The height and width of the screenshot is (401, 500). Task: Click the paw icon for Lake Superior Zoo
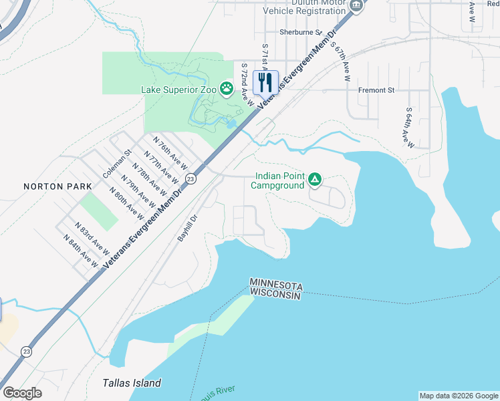[227, 88]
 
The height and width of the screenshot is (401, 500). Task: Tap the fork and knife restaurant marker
[265, 82]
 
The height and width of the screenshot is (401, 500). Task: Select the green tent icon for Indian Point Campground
[315, 179]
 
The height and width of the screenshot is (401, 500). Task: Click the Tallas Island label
[132, 383]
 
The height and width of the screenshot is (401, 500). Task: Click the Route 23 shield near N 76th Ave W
[191, 178]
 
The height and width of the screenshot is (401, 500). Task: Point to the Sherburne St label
[301, 31]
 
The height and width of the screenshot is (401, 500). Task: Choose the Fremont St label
[376, 90]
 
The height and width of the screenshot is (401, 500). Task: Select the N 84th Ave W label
[80, 251]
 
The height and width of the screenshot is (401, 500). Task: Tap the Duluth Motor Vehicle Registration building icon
[356, 5]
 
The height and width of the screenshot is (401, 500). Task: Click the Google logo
[22, 393]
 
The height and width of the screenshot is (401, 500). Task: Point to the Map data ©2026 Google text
[459, 396]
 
